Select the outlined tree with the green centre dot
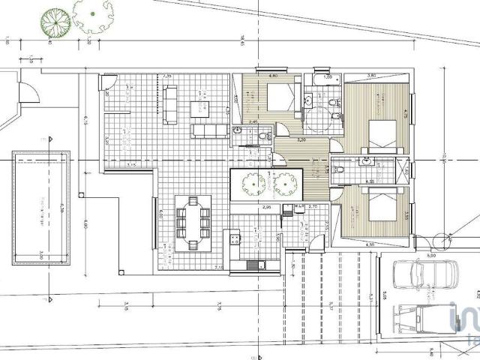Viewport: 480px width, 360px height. (93, 13)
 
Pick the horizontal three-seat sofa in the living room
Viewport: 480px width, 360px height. (208, 131)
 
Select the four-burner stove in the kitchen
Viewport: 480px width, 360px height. (235, 240)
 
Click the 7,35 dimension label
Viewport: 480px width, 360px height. (169, 75)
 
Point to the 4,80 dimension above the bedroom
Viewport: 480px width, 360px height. (273, 76)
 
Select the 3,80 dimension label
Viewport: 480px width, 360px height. (372, 75)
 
